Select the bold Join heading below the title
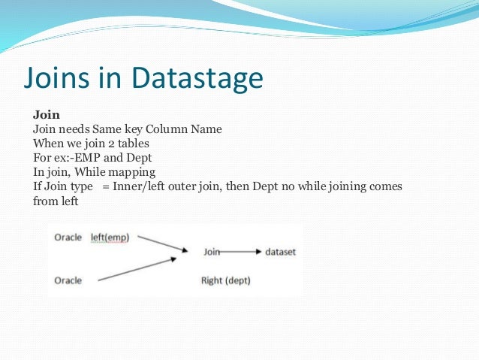pos(44,116)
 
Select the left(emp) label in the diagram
pos(110,237)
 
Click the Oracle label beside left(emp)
pos(69,237)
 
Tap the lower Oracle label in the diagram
pos(69,281)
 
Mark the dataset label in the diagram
pos(280,252)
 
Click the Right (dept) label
pos(225,281)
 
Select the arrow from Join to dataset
pos(241,253)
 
